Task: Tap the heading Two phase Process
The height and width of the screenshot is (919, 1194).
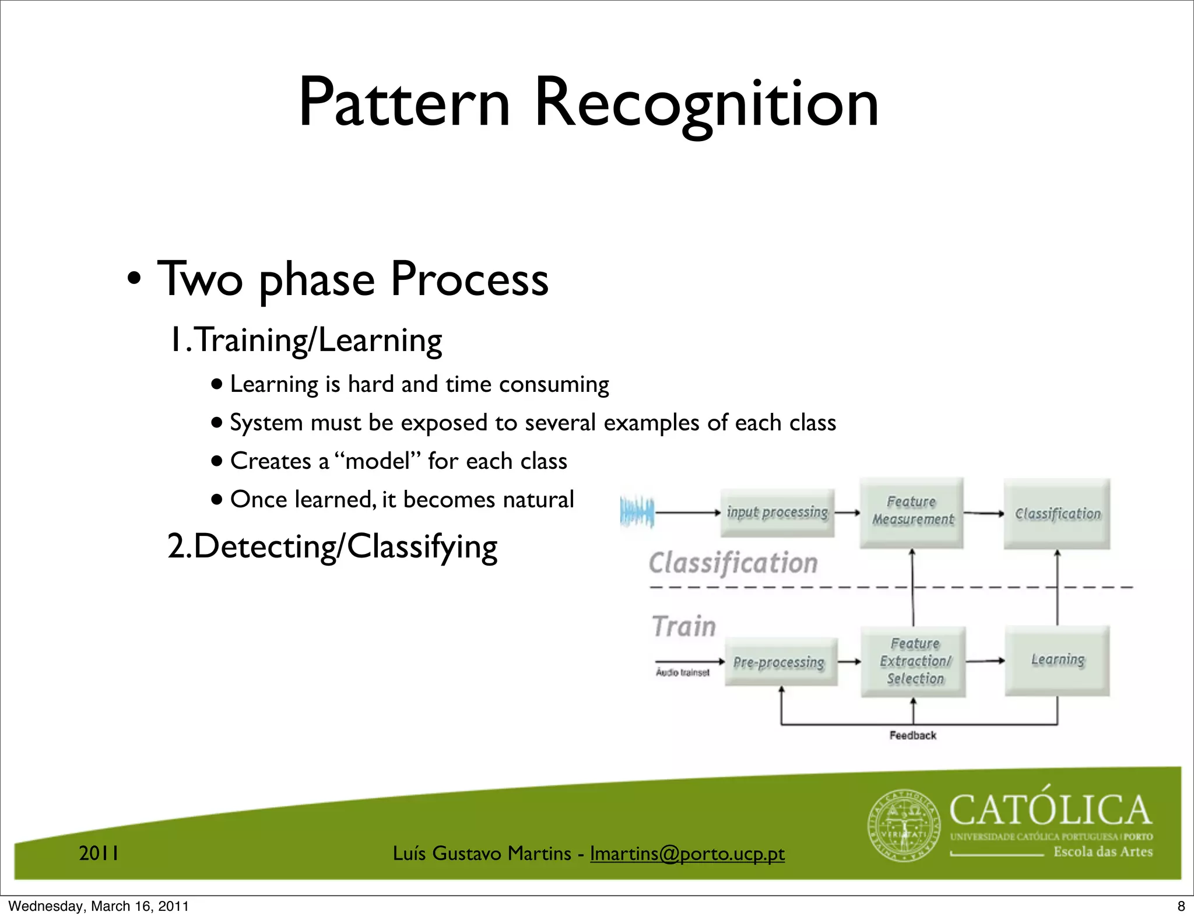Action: tap(353, 280)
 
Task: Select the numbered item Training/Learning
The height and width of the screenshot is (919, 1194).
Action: tap(305, 340)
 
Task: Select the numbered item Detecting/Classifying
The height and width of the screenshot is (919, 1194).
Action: tap(332, 547)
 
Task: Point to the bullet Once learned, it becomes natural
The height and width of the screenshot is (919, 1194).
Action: tap(402, 500)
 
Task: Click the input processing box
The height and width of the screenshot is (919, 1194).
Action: tap(777, 513)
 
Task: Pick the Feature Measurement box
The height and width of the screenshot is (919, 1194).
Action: tap(912, 511)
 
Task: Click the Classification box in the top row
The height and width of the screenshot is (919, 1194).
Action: tap(1057, 514)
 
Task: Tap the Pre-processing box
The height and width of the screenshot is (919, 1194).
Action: tap(780, 662)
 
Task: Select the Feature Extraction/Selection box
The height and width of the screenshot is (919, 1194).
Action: tap(914, 661)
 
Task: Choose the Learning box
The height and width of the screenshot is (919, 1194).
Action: tap(1057, 660)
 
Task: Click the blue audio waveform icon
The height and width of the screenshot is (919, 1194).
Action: tap(637, 513)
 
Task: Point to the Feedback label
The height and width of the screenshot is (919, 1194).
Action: tap(912, 735)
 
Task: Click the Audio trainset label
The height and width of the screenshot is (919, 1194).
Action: tap(683, 672)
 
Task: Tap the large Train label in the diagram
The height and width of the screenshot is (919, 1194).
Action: tap(683, 627)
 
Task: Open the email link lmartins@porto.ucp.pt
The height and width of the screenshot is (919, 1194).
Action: tap(687, 854)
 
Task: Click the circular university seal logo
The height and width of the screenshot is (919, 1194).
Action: tap(904, 826)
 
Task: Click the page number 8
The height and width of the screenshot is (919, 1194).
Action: tap(1181, 906)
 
